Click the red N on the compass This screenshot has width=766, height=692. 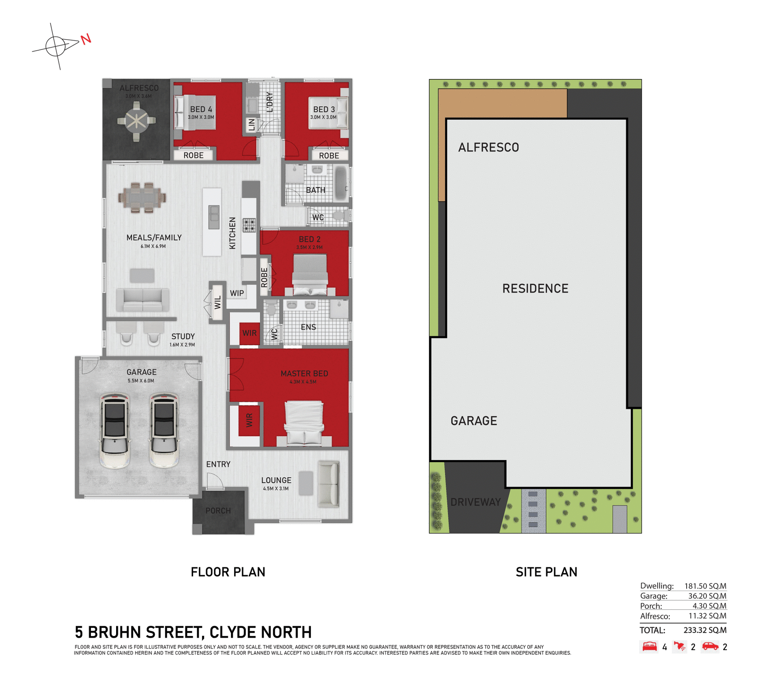click(86, 39)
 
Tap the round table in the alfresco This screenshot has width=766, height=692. click(136, 120)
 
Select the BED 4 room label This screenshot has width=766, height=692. click(201, 109)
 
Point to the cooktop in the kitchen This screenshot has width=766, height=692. click(249, 225)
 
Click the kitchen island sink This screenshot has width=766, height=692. click(214, 217)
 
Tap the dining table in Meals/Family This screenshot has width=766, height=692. click(142, 198)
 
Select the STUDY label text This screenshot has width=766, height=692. click(183, 336)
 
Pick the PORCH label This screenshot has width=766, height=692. click(218, 510)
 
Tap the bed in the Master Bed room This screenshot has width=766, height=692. click(304, 423)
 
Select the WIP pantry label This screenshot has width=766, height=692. click(237, 293)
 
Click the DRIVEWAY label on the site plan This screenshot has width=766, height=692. click(475, 502)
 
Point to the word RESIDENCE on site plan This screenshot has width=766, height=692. click(535, 289)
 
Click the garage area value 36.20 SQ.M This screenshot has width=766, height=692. click(707, 596)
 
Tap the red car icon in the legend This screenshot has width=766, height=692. click(710, 646)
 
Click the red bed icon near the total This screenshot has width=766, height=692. click(649, 647)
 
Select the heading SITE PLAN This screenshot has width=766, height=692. click(546, 572)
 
